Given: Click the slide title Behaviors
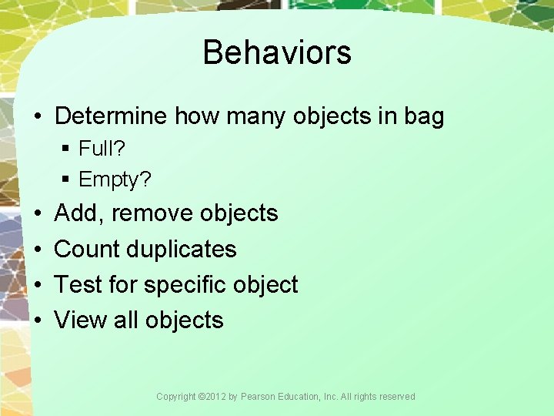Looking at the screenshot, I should coord(277,52).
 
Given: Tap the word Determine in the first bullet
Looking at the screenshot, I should coord(111,116).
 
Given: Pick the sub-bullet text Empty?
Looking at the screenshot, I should coord(115,179).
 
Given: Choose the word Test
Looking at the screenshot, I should coord(78,284).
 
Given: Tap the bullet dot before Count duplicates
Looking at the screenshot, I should coord(38,249).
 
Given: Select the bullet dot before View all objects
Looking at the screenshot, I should coord(38,320).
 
